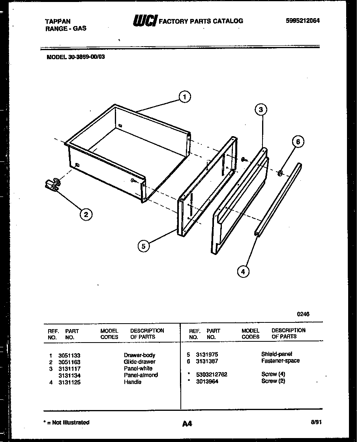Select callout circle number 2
point(86,214)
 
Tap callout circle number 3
point(261,110)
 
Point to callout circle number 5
point(144,246)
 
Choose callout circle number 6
point(298,142)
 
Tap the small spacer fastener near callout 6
point(280,172)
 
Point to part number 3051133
point(69,355)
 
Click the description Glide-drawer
point(139,362)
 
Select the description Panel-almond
point(141,375)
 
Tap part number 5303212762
point(211,375)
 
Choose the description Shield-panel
point(276,354)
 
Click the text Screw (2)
point(273,381)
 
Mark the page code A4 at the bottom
point(187,424)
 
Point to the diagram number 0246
point(303,315)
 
